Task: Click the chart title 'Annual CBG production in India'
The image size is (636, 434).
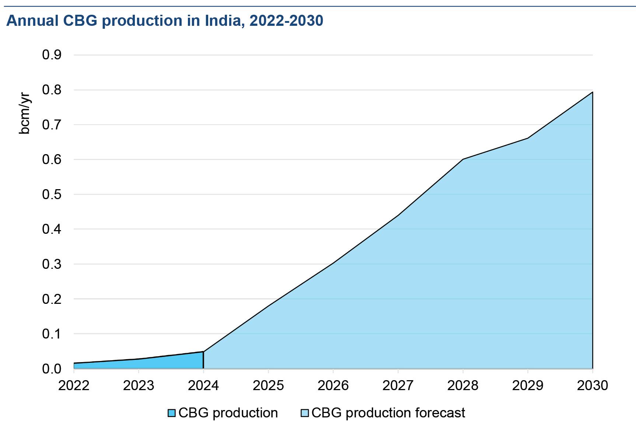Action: pos(165,21)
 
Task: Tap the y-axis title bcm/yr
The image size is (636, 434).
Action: pos(24,113)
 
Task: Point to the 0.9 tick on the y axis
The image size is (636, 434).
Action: pos(52,55)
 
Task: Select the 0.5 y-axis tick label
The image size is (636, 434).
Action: pos(52,194)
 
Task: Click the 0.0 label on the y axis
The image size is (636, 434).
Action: pos(52,369)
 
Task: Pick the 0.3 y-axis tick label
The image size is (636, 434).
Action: pos(52,264)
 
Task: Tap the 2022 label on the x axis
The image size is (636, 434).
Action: pos(74,386)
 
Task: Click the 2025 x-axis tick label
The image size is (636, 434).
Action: pos(268,386)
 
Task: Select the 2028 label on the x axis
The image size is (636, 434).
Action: pos(463,386)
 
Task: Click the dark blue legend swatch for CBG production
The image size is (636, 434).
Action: pos(171,413)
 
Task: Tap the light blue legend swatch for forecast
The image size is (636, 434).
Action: pos(304,413)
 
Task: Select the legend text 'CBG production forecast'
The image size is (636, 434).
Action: pos(388,413)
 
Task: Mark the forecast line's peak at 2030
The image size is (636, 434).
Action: pos(593,92)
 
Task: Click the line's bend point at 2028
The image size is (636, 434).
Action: pos(463,159)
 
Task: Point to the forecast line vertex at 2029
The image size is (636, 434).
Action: pos(528,138)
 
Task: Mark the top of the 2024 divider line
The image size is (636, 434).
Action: pos(203,352)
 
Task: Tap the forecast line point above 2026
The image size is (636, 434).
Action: pos(333,263)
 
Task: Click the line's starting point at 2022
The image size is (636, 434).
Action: pos(74,363)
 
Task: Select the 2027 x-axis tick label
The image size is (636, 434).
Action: pos(398,386)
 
